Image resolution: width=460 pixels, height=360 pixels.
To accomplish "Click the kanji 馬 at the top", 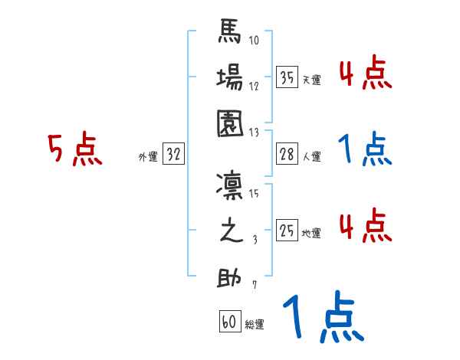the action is (x=230, y=35).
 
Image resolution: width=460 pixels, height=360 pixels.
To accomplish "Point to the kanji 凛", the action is (x=230, y=186).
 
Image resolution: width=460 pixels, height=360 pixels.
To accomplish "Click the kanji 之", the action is (x=230, y=231).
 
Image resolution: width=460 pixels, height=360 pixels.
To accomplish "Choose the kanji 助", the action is (x=230, y=277).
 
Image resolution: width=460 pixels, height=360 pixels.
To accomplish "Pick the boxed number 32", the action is (x=173, y=155).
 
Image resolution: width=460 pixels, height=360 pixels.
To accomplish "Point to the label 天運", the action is (x=311, y=80).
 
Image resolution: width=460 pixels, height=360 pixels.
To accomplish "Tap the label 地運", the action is (x=311, y=233).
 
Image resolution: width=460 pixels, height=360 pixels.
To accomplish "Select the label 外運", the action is (x=147, y=157).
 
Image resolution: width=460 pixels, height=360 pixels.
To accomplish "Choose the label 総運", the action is (x=255, y=324).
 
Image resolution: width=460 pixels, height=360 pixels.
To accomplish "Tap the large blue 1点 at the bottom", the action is (x=322, y=318).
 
